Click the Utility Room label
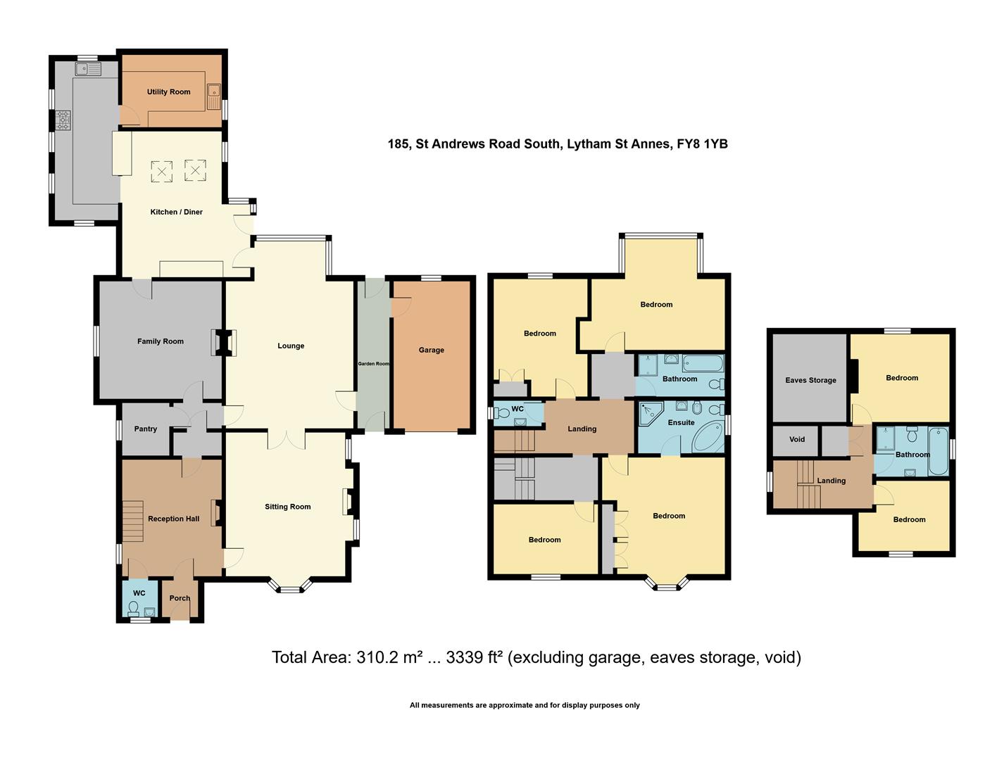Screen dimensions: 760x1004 pos(168,92)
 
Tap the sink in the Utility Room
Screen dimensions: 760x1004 pos(214,90)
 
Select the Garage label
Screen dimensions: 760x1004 pos(431,350)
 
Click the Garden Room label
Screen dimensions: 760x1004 pos(373,365)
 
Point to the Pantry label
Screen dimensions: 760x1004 pos(146,429)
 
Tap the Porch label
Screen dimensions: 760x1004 pos(180,599)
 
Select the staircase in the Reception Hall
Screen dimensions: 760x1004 pos(132,521)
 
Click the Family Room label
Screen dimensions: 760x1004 pos(160,342)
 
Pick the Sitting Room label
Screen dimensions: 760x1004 pos(287,507)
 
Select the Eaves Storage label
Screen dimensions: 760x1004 pos(810,381)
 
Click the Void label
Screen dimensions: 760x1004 pos(796,440)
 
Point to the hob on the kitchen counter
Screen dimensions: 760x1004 pos(64,120)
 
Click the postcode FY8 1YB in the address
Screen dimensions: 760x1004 pos(701,144)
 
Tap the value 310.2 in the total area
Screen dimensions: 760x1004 pos(376,658)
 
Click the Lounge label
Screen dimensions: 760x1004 pos(291,346)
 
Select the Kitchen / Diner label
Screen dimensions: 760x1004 pos(176,213)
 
